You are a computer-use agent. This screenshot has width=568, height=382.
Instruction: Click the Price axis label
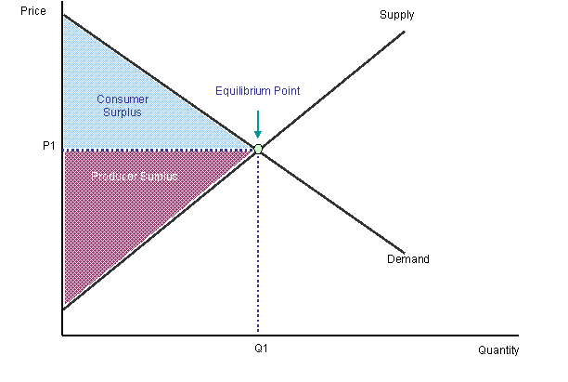pos(33,11)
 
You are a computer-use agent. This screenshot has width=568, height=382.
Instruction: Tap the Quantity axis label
pos(498,350)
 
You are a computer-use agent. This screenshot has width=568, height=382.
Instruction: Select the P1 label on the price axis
pos(49,146)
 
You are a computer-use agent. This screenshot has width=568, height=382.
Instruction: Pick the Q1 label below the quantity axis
pos(261,349)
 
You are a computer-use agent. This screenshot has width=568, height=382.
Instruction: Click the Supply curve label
pos(396,15)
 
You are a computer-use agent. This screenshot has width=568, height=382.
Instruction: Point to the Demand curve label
pos(408,259)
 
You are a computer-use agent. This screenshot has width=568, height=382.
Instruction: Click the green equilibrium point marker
pos(258,149)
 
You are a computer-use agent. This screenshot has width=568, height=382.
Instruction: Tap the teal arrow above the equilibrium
pos(258,125)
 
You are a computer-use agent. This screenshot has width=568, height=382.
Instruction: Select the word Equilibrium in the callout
pos(242,91)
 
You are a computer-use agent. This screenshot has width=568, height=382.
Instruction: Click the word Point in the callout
pos(287,91)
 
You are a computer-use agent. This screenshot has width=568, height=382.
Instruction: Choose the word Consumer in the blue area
pos(123,99)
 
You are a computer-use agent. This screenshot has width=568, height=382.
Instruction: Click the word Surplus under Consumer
pos(123,112)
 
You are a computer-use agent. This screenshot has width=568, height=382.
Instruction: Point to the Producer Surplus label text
pos(135,177)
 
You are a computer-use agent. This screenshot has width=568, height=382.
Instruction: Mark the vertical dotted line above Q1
pos(258,243)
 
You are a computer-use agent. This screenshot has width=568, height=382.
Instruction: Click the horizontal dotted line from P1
pos(159,150)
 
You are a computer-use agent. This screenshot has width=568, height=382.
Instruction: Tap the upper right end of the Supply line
pos(405,32)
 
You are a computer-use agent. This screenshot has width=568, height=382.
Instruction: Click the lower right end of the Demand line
pos(404,253)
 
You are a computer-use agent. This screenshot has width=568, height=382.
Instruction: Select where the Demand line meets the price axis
pos(63,15)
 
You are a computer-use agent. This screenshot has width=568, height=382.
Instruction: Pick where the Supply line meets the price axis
pos(63,310)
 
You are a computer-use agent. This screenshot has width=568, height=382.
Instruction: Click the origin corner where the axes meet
pos(62,336)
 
